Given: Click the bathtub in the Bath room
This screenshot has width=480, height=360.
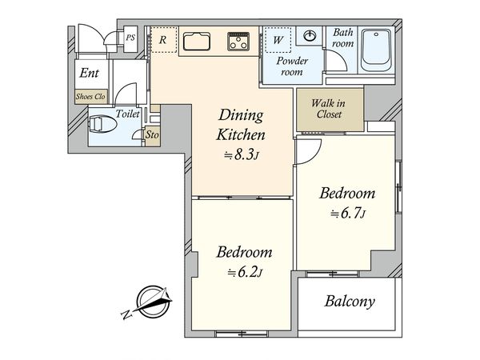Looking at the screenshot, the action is (375, 50).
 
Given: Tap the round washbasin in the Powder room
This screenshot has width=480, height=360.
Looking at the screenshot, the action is (310, 36).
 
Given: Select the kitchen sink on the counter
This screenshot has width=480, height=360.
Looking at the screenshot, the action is (197, 42).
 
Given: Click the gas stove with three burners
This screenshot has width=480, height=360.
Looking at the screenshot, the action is (238, 42).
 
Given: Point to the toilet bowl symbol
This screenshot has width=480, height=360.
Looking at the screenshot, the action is (102, 124).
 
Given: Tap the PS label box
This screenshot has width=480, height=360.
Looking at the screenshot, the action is (130, 38).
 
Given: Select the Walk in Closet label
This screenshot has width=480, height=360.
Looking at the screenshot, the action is (329, 109).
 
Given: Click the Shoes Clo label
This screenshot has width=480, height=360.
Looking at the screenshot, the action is (90, 97).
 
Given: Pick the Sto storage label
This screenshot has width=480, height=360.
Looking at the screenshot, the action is (152, 134).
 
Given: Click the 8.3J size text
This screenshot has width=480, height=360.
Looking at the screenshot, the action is (242, 155).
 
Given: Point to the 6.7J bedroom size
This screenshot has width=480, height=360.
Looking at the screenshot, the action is (348, 214).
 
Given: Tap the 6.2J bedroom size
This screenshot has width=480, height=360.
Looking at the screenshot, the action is (245, 272).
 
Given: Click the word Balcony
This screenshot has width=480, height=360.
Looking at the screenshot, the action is (350, 302).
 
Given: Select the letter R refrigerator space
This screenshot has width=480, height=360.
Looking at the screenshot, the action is (163, 40).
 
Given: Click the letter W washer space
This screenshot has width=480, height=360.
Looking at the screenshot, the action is (278, 40).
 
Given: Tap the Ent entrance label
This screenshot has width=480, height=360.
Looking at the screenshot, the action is (89, 73).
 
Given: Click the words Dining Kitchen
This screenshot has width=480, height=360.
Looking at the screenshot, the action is (241, 125).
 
